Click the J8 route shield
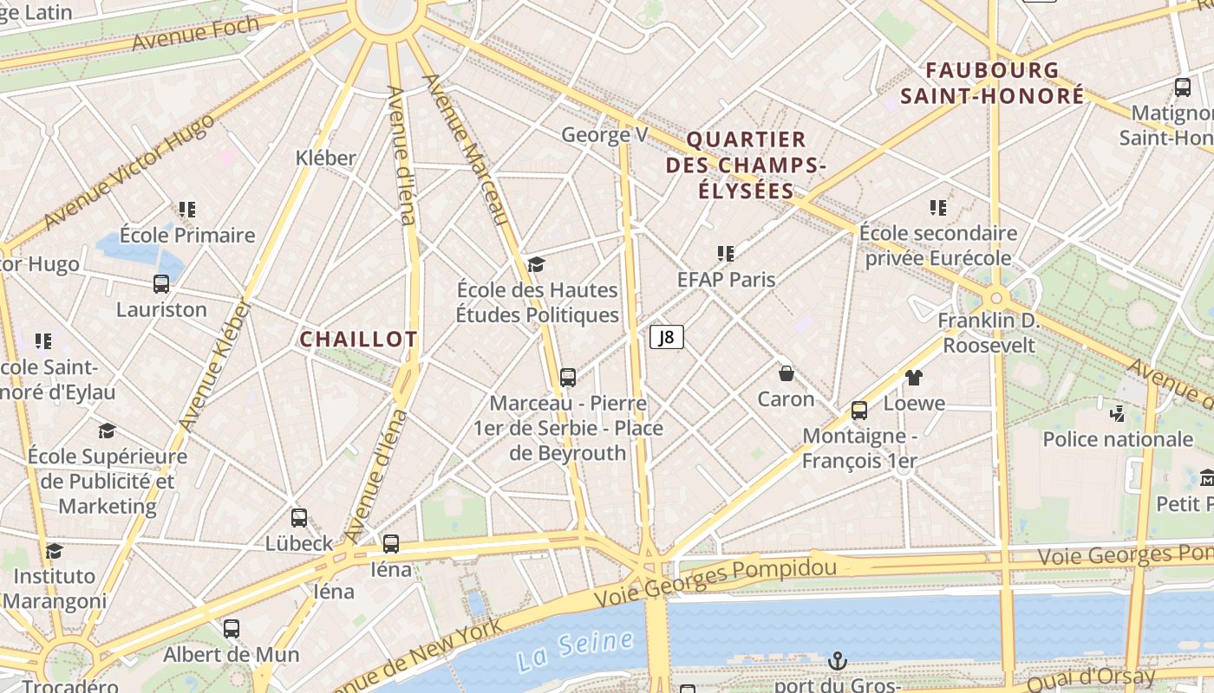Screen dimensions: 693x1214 (x=666, y=337)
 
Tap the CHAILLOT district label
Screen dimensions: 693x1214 (x=358, y=340)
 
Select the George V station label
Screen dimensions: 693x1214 (x=604, y=135)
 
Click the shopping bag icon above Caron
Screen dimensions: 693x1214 (x=786, y=373)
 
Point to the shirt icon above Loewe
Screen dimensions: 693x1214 (x=914, y=378)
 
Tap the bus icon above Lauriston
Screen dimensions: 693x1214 (x=161, y=284)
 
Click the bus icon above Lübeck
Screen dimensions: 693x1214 (x=299, y=518)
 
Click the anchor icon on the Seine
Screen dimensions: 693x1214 (x=837, y=661)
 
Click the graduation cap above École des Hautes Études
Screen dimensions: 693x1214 (x=537, y=264)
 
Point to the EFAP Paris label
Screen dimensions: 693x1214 (x=726, y=280)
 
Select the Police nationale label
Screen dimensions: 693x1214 (x=1117, y=439)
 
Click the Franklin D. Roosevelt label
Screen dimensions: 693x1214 (x=989, y=333)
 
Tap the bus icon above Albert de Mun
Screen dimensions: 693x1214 (x=232, y=629)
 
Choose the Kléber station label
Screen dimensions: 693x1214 (x=326, y=158)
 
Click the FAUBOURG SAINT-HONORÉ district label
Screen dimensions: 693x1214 (x=992, y=83)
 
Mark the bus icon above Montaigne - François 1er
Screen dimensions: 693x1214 (x=859, y=411)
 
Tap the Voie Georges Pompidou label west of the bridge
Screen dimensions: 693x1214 (x=715, y=581)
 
